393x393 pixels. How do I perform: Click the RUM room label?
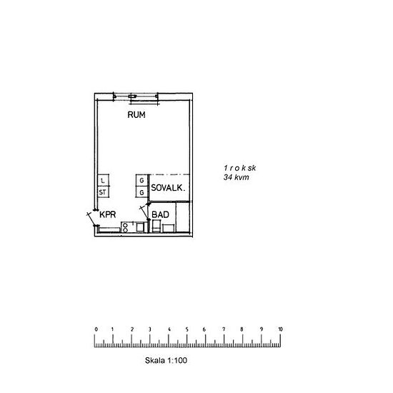point(136,115)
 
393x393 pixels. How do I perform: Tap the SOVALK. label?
point(168,188)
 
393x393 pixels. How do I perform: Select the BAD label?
point(160,214)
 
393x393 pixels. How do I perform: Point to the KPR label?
point(107,214)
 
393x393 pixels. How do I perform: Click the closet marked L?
point(104,180)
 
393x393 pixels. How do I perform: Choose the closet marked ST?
point(104,192)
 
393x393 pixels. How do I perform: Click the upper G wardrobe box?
point(142,180)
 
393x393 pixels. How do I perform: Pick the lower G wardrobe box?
point(142,192)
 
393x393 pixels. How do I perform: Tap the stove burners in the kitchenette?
point(126,227)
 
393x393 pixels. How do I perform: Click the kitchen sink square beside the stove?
point(140,227)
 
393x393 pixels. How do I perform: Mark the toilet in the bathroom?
point(156,226)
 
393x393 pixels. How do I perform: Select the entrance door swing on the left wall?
point(91,219)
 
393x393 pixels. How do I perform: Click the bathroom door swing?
point(145,212)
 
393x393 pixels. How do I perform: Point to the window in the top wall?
point(136,96)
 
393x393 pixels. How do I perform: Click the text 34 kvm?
point(236,177)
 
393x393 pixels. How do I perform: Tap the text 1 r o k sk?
point(240,168)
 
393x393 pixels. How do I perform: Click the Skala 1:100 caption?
point(166,360)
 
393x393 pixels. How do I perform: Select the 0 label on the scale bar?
point(96,329)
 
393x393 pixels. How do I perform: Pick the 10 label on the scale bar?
point(280,329)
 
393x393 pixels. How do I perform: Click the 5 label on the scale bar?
point(186,329)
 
